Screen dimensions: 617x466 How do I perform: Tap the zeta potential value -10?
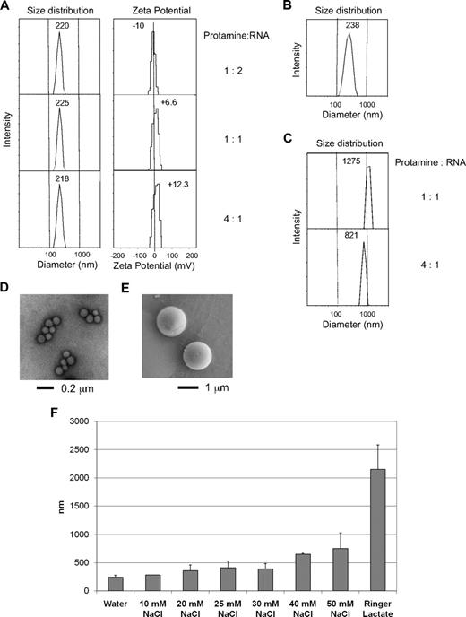click(x=138, y=27)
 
